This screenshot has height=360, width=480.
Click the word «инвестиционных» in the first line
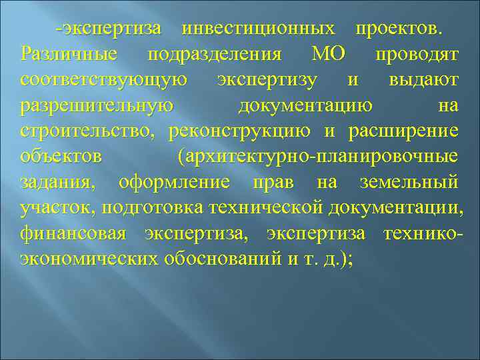[x=259, y=28]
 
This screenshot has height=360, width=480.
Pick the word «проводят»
[x=417, y=54]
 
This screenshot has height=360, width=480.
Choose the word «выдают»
[x=424, y=80]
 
